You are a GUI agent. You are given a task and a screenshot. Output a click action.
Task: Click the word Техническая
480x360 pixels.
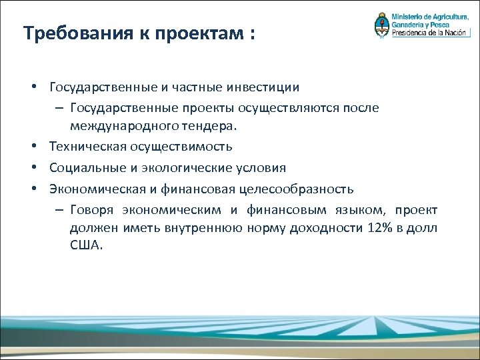pyautogui.click(x=85, y=146)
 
